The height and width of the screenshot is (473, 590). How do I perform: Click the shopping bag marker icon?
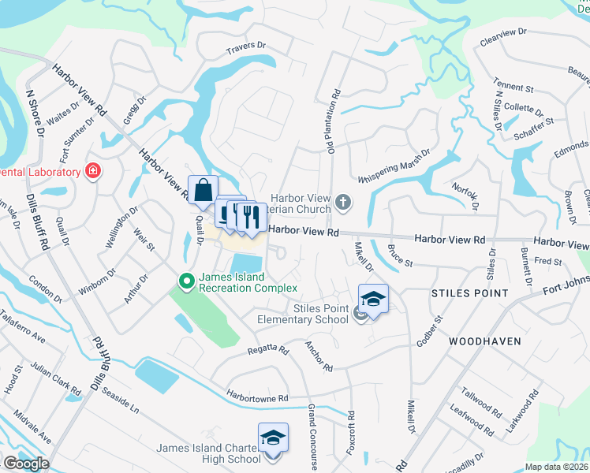(x=203, y=190)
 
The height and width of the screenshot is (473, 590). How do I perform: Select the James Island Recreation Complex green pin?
(x=186, y=280)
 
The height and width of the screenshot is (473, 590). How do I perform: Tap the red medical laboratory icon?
(x=94, y=171)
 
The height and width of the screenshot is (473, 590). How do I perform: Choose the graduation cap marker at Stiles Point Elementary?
(x=373, y=299)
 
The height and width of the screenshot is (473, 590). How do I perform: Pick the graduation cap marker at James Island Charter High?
(x=273, y=438)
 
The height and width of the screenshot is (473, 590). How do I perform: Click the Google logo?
(x=25, y=464)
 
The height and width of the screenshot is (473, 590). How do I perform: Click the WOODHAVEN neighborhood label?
(x=481, y=341)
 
